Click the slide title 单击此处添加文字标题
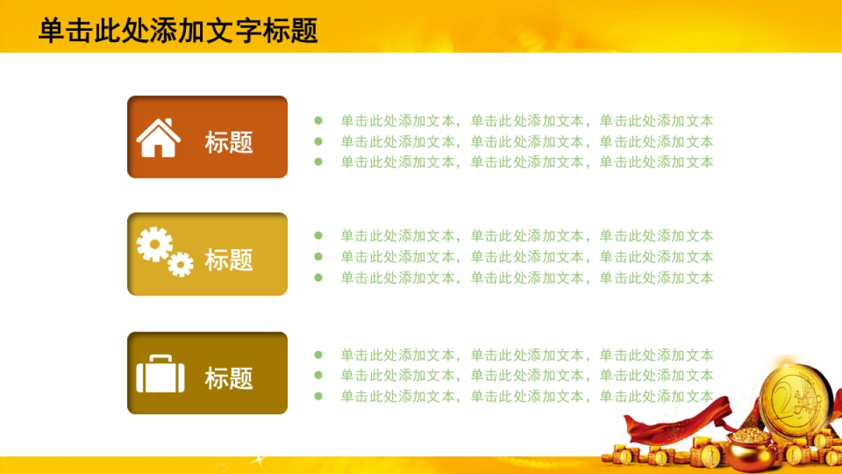point(178,31)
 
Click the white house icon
point(159,138)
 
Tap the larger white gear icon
point(154,245)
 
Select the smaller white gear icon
point(180,263)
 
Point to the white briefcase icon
point(160,374)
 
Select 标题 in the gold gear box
point(229,260)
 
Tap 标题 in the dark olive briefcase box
point(229,378)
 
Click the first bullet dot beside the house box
point(319,121)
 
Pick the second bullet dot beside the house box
point(319,141)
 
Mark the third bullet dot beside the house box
point(319,162)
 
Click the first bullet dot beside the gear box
point(319,236)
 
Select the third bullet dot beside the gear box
point(319,277)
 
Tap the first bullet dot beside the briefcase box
point(319,355)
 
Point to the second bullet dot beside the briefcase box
point(319,375)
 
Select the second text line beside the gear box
point(526,257)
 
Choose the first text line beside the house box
point(526,121)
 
